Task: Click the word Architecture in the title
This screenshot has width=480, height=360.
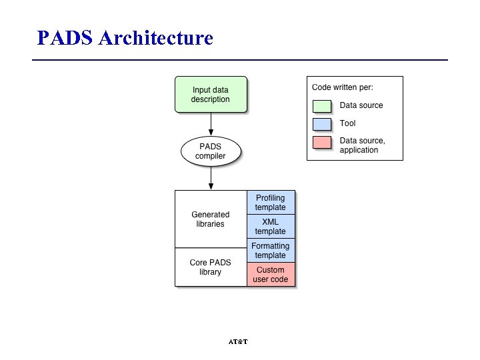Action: pos(155,37)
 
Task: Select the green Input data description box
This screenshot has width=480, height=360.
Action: pos(211,95)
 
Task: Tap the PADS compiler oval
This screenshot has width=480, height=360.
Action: pos(211,152)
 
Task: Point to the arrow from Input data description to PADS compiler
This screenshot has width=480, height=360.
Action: pos(211,124)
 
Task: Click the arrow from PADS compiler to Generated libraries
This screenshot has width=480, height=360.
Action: pos(211,178)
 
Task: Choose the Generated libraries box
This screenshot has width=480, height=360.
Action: pos(211,219)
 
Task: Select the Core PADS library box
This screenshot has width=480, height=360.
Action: pos(211,267)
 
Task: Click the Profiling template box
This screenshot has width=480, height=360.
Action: pos(271,203)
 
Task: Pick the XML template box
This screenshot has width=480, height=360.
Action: pos(271,227)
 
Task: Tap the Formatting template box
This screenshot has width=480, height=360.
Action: pos(271,251)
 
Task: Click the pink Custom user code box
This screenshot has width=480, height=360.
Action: pos(271,275)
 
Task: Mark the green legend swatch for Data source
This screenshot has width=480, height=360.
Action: pos(322,105)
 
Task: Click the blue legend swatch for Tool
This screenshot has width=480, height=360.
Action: pos(322,124)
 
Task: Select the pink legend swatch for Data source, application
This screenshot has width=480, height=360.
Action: pos(322,143)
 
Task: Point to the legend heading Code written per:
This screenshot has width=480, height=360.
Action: pos(343,87)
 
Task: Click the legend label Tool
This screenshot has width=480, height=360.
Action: pos(348,123)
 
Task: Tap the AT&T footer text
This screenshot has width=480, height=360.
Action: pos(238,342)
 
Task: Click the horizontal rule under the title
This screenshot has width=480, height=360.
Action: pos(240,59)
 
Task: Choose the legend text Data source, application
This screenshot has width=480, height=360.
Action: pos(362,145)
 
